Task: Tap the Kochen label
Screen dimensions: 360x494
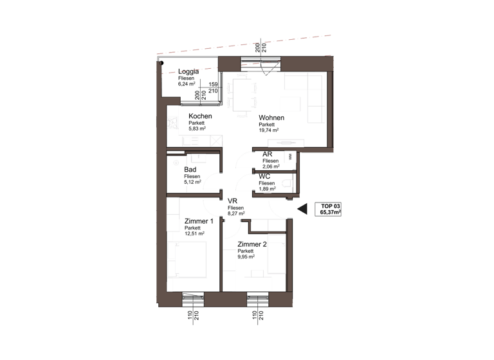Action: click(201, 116)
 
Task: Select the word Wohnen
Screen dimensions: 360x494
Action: click(273, 118)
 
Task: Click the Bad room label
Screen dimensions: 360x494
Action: click(190, 170)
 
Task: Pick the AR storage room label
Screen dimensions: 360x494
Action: click(268, 155)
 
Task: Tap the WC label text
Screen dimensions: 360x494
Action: click(265, 176)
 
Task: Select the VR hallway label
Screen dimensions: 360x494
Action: click(233, 201)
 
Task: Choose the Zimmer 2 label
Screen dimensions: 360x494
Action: click(252, 244)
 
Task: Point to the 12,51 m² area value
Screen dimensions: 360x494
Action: click(194, 234)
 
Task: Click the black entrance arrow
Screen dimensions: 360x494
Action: click(302, 208)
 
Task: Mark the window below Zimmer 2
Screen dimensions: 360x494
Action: click(257, 297)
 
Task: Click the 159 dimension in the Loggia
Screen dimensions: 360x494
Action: click(214, 84)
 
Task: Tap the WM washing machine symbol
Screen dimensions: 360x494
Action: click(290, 156)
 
